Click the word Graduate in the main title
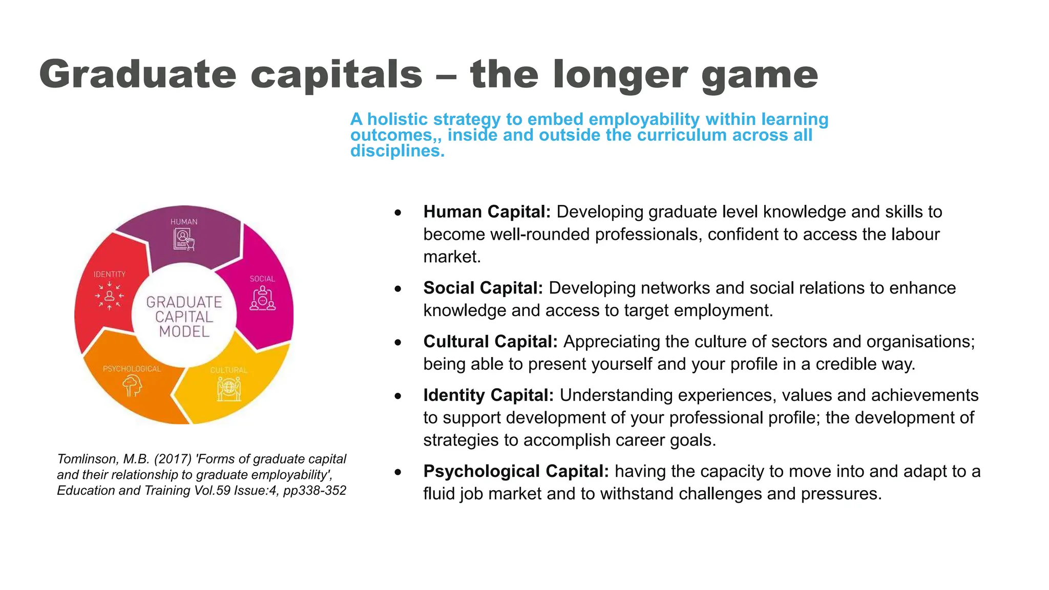pyautogui.click(x=137, y=75)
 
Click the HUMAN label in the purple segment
pyautogui.click(x=184, y=222)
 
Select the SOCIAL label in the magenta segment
pyautogui.click(x=262, y=279)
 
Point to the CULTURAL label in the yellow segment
pyautogui.click(x=229, y=370)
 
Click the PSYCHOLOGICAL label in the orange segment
pyautogui.click(x=132, y=369)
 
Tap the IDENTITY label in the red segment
pyautogui.click(x=110, y=275)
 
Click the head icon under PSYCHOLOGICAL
pyautogui.click(x=133, y=386)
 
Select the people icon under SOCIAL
pyautogui.click(x=262, y=298)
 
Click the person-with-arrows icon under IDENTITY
pyautogui.click(x=110, y=296)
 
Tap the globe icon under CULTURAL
pyautogui.click(x=229, y=389)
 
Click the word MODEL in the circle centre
pyautogui.click(x=184, y=332)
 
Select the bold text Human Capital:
pyautogui.click(x=487, y=212)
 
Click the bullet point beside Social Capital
pyautogui.click(x=398, y=289)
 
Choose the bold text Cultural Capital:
pyautogui.click(x=490, y=342)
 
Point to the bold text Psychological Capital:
pyautogui.click(x=516, y=471)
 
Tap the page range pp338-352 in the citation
pyautogui.click(x=314, y=491)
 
